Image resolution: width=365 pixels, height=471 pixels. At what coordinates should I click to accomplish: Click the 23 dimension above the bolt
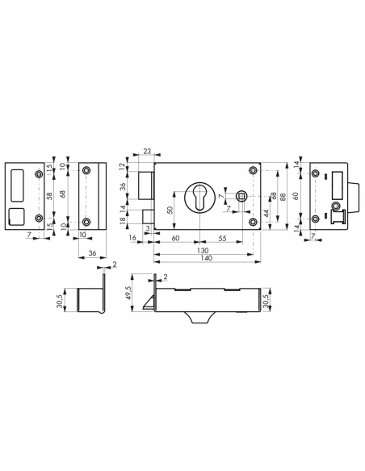pyautogui.click(x=146, y=151)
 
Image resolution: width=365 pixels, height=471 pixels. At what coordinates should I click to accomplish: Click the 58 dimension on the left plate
pyautogui.click(x=50, y=196)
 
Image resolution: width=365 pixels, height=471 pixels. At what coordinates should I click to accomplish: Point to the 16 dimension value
pyautogui.click(x=132, y=240)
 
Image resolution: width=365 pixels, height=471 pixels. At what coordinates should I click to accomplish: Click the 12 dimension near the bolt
pyautogui.click(x=124, y=166)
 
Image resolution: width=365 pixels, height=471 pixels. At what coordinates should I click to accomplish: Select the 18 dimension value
pyautogui.click(x=124, y=229)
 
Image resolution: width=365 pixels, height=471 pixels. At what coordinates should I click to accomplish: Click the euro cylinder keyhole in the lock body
pyautogui.click(x=202, y=198)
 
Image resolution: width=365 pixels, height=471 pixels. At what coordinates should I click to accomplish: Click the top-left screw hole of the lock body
pyautogui.click(x=162, y=169)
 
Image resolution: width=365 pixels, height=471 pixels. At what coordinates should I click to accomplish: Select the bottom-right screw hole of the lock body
pyautogui.click(x=254, y=226)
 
